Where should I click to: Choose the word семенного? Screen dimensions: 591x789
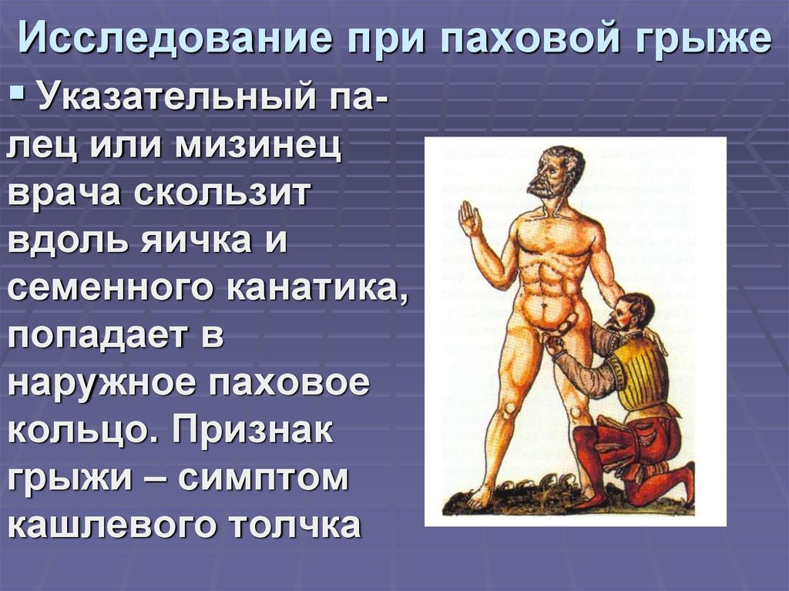[x=110, y=290]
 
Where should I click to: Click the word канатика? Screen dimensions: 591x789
[x=316, y=290]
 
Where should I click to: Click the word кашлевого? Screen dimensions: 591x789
[x=109, y=527]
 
